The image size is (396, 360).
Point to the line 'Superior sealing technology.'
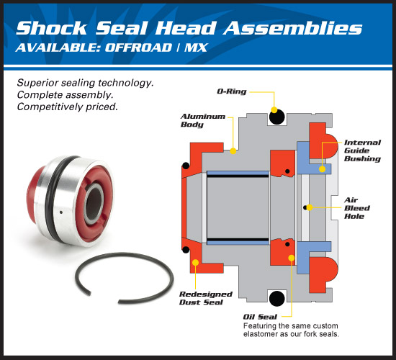[85, 84]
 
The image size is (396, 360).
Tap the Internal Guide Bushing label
[362, 150]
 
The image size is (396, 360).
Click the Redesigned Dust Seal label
[205, 298]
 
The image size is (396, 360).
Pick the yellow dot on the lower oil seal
[291, 256]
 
